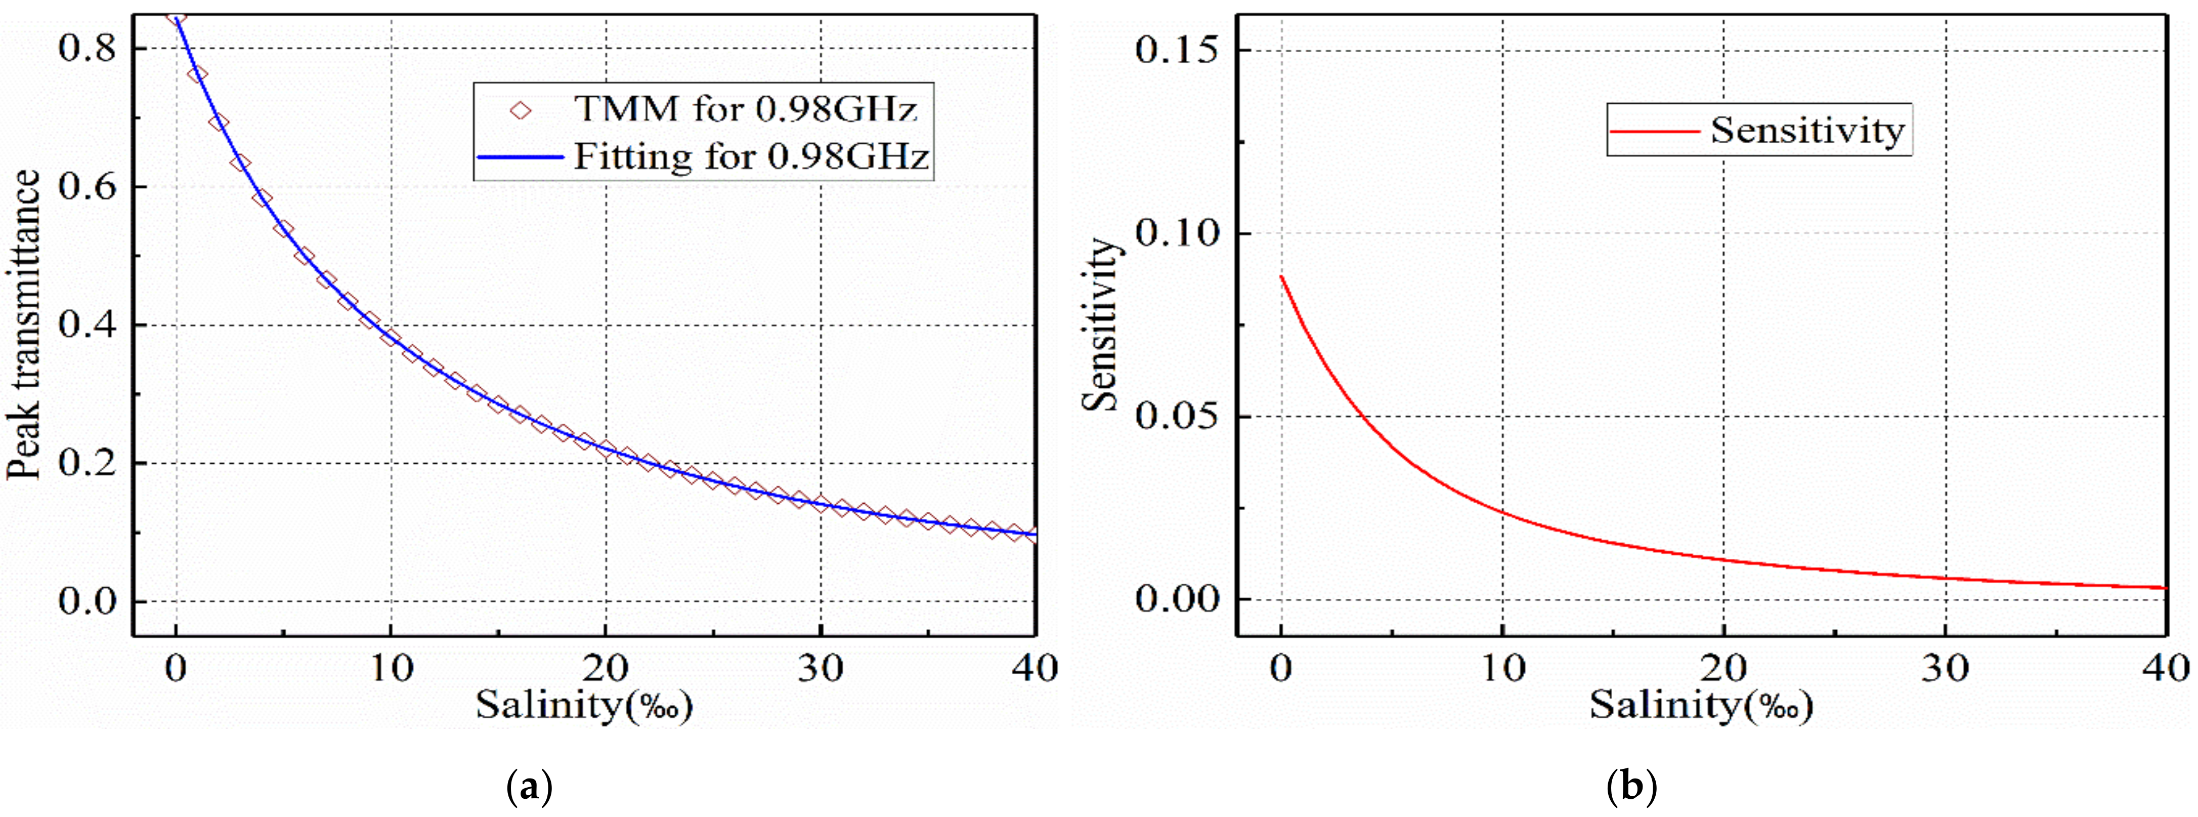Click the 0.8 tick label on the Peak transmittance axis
86,49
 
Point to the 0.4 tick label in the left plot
86,325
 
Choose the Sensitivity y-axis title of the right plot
1101,324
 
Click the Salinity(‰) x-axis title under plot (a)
584,705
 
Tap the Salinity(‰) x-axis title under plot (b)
1701,705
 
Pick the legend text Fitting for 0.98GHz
751,157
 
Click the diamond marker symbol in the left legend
520,110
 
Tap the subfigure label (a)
530,786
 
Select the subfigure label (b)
1631,786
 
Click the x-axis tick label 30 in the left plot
820,669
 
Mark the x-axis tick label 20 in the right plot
1723,669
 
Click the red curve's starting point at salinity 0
1281,276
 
